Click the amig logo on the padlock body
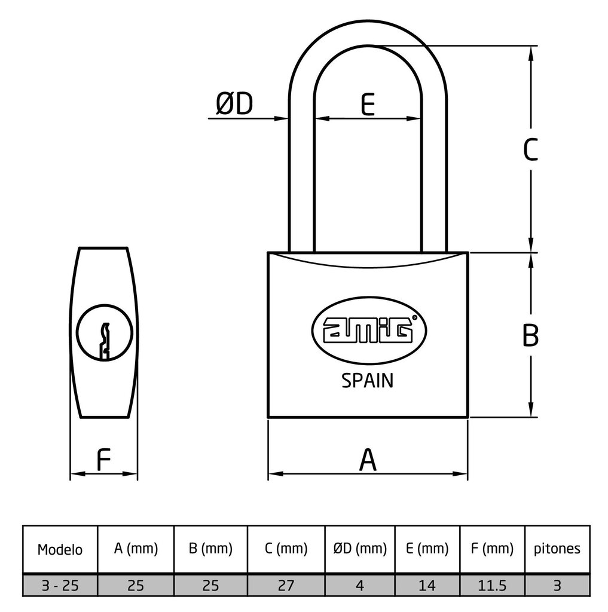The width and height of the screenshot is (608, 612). click(367, 329)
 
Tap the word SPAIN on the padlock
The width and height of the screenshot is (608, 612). click(367, 381)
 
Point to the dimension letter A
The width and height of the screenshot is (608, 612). click(368, 460)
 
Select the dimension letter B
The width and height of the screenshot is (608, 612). click(530, 335)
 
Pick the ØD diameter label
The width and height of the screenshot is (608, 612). click(234, 104)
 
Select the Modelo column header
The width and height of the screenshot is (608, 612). click(60, 549)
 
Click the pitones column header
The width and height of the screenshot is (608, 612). click(557, 549)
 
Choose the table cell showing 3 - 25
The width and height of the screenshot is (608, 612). click(60, 586)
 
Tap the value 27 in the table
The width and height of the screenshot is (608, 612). click(286, 586)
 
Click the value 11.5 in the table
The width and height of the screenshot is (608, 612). click(492, 586)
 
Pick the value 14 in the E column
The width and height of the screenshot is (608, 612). click(427, 586)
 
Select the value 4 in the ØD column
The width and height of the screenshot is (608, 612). click(359, 586)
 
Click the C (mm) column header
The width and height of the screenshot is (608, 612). click(286, 549)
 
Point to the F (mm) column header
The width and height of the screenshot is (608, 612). click(492, 549)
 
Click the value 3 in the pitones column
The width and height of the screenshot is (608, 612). click(557, 586)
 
